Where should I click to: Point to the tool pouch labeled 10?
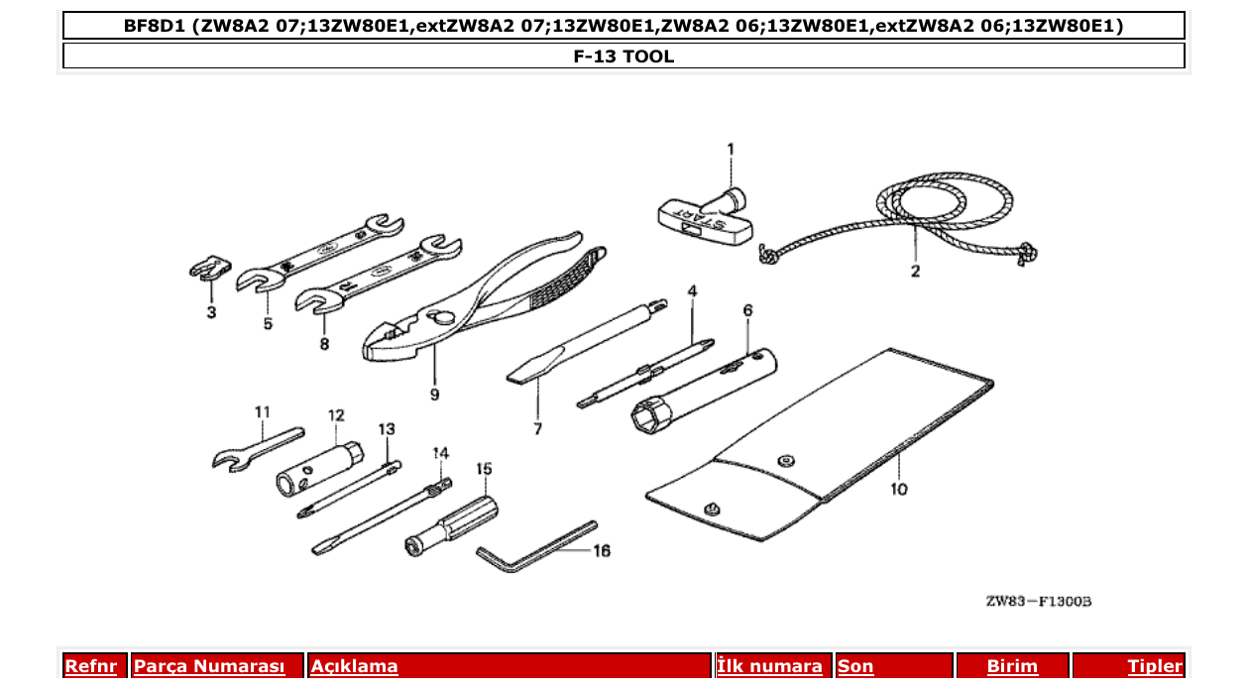pyautogui.click(x=823, y=446)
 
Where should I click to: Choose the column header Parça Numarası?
pyautogui.click(x=209, y=667)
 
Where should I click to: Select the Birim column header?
pyautogui.click(x=1012, y=667)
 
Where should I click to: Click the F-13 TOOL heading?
pyautogui.click(x=624, y=57)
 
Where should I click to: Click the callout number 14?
pyautogui.click(x=440, y=453)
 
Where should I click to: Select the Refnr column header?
pyautogui.click(x=90, y=667)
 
